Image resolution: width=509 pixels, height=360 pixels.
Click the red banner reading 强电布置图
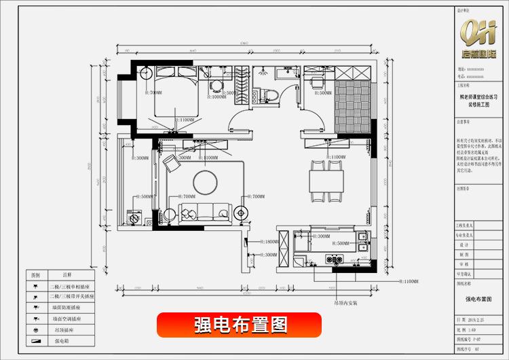[x=239, y=325]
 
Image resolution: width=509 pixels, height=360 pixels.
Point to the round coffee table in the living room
[x=205, y=181]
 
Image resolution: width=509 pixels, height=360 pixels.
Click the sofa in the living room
[x=204, y=211]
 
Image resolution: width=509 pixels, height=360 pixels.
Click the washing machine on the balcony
[x=134, y=219]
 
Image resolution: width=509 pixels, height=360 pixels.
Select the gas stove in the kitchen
[x=335, y=259]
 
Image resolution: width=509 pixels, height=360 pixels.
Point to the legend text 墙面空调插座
[x=68, y=318]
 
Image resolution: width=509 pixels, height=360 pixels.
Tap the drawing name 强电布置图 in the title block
[x=478, y=299]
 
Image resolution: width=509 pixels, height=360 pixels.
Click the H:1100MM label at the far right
[x=410, y=281]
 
